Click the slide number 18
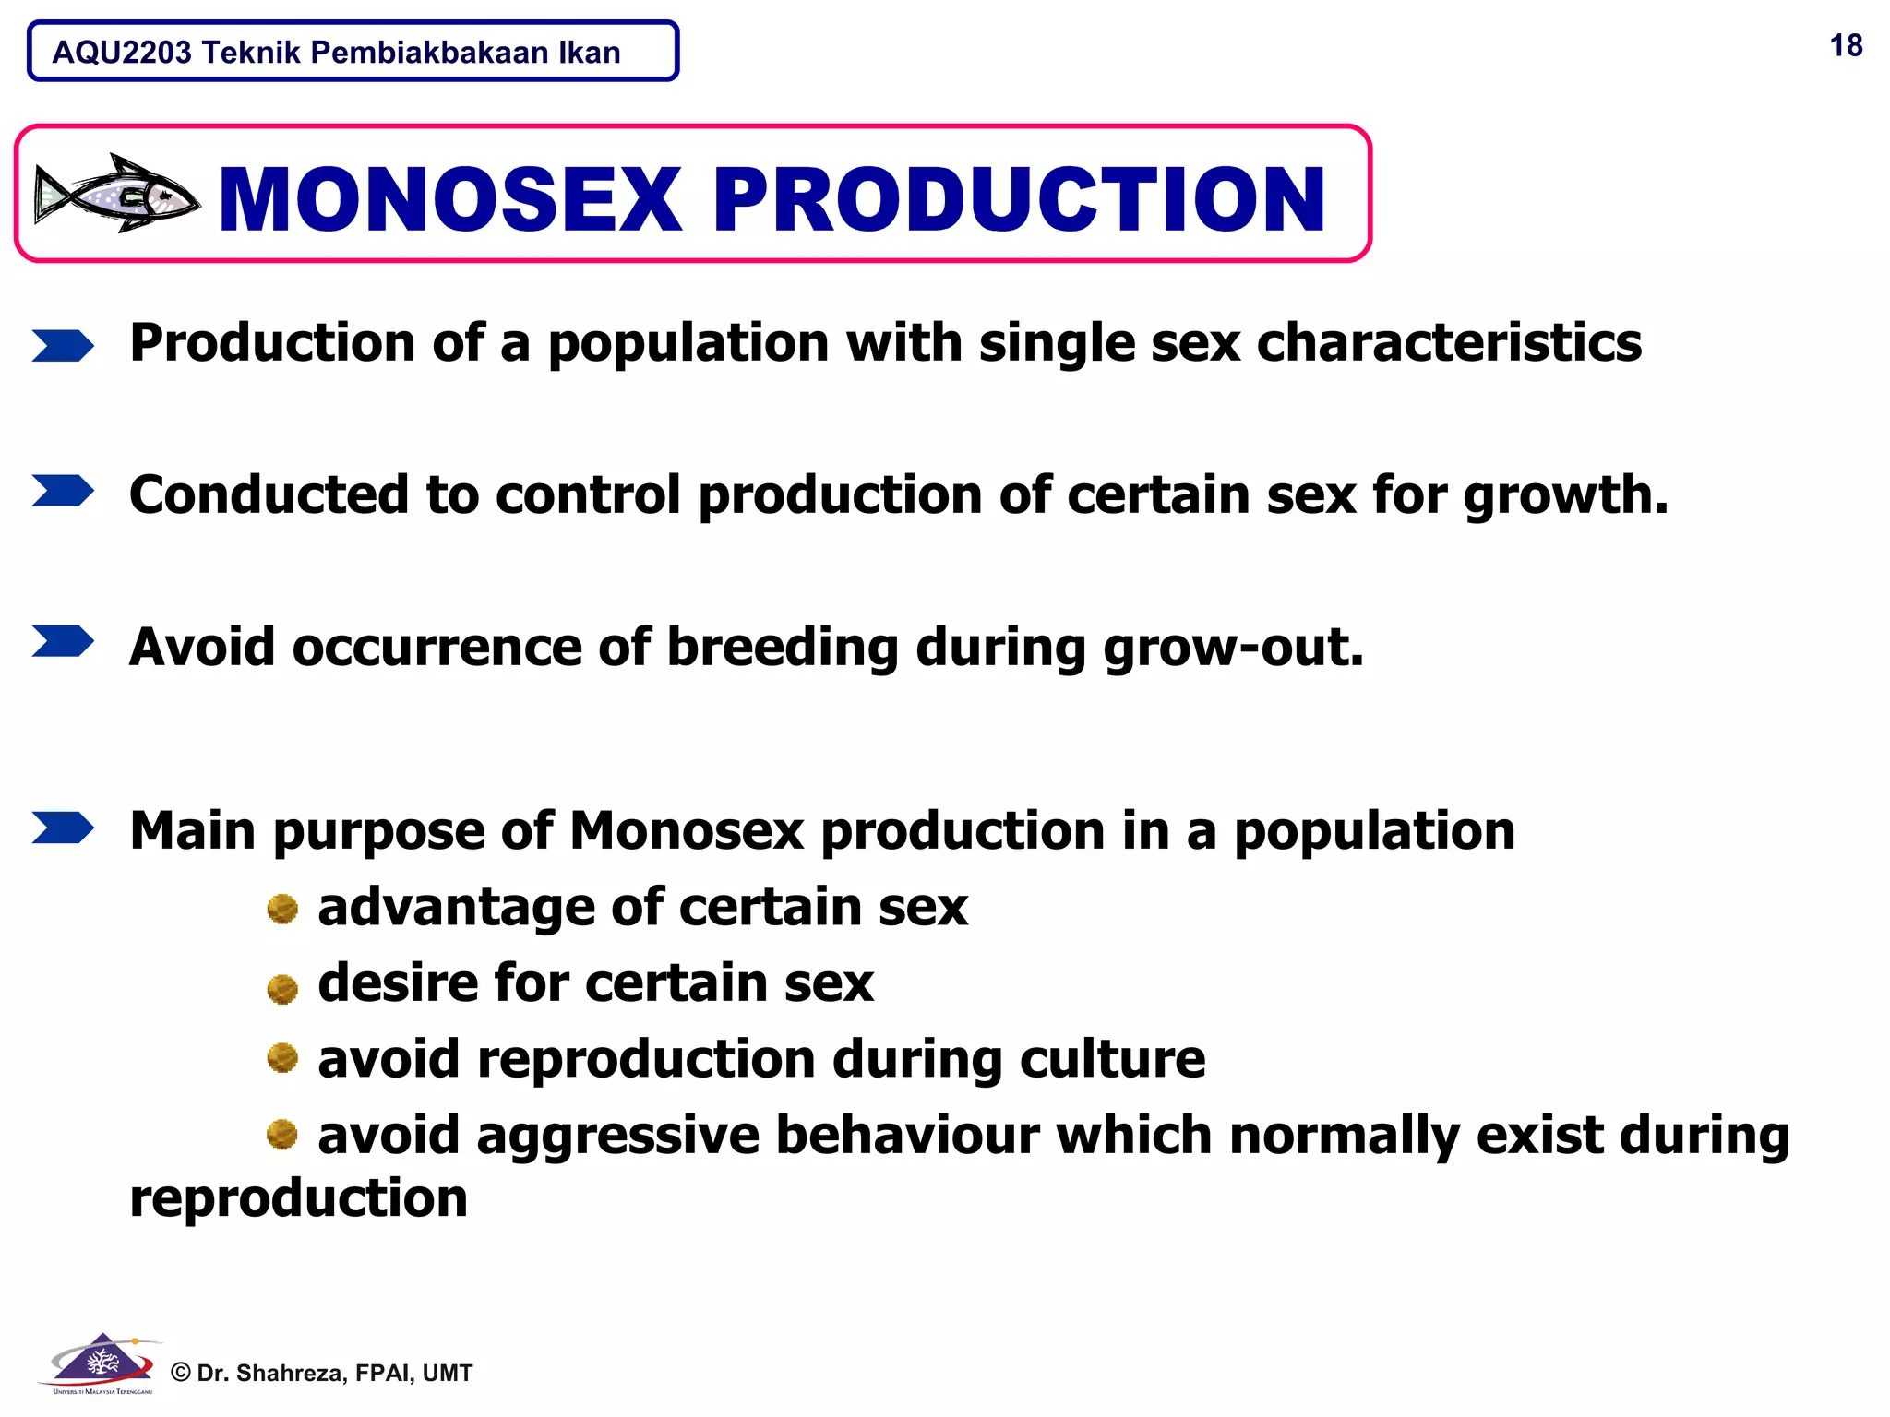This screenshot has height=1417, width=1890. tap(1846, 46)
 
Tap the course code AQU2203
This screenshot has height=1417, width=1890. tap(122, 53)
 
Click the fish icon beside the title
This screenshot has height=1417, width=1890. tap(116, 194)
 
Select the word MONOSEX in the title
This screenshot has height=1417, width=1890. tap(450, 199)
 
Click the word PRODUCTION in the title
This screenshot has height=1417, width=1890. tap(1019, 199)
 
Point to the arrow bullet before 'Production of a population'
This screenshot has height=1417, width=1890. tap(63, 346)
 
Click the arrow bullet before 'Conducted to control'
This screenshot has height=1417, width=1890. tap(63, 491)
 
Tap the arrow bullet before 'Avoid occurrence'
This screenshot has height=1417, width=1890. tap(63, 641)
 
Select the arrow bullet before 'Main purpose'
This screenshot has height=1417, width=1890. tap(63, 828)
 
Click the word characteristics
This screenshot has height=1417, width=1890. tap(1449, 343)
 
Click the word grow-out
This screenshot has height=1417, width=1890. tap(1232, 648)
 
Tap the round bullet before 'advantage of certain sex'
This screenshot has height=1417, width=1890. tap(282, 909)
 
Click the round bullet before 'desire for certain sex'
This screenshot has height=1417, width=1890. tap(282, 988)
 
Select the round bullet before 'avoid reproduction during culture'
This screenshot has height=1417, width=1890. tap(282, 1058)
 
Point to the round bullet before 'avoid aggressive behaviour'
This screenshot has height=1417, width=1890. tap(282, 1134)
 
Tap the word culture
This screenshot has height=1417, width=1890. tap(1112, 1059)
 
